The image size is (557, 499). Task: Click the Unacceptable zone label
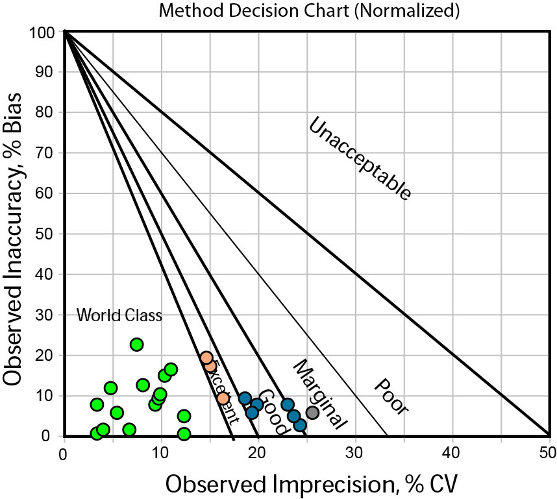click(x=359, y=158)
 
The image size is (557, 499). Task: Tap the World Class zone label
click(x=119, y=316)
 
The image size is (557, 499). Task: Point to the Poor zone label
click(x=391, y=396)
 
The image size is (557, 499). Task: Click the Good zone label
click(x=273, y=412)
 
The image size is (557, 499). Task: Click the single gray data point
click(x=312, y=412)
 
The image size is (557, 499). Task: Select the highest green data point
click(x=136, y=345)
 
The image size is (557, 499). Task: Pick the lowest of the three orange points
click(x=223, y=398)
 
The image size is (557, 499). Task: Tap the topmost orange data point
click(x=206, y=358)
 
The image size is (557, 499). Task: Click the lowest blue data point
click(x=300, y=425)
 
